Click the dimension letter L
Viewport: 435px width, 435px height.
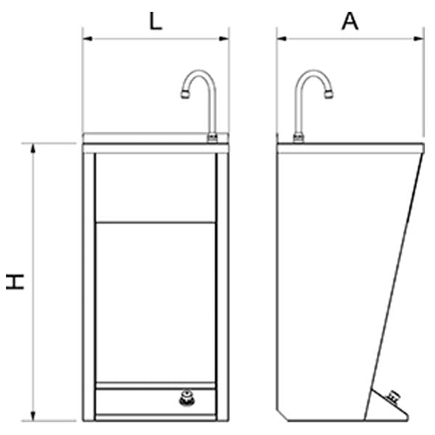pos(156,21)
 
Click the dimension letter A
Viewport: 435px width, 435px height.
pos(350,21)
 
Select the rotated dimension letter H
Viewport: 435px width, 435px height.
pos(15,282)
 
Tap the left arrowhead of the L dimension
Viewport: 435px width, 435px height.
pos(88,38)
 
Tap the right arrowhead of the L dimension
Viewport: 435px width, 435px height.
pos(224,38)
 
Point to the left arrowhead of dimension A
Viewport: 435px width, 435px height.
pos(282,38)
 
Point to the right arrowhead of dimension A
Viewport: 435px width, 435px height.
pos(418,38)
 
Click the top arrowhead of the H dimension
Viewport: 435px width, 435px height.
pos(33,148)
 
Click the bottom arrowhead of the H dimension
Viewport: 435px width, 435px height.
pos(33,416)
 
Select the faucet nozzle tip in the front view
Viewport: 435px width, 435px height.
pos(185,94)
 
